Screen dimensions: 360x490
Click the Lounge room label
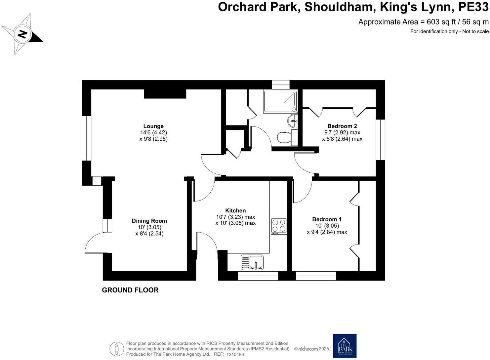(x=153, y=126)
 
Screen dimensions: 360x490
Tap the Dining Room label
(x=149, y=221)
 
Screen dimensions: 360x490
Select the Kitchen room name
(x=235, y=210)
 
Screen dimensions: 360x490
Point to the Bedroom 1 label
(x=327, y=219)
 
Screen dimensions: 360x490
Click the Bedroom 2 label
(x=342, y=126)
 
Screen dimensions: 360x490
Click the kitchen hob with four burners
(x=279, y=226)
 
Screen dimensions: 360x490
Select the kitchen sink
(x=253, y=262)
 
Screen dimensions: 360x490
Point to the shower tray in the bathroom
(x=280, y=101)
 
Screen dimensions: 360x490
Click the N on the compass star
(x=22, y=34)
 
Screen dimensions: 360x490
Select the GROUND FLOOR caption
(x=130, y=290)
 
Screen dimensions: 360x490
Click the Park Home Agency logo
(x=345, y=346)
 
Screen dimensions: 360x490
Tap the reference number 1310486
(x=235, y=354)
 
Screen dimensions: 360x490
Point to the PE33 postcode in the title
(x=473, y=7)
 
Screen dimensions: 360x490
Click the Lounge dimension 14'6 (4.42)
(x=153, y=132)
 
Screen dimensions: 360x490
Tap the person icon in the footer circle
(x=117, y=349)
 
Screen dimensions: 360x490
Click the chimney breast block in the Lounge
(x=165, y=94)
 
